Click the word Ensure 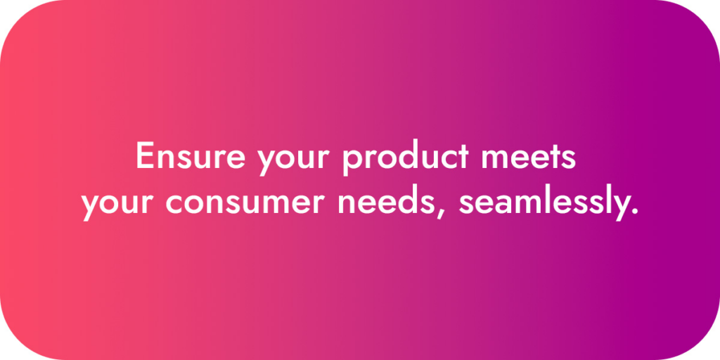pos(190,155)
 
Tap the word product pos(406,158)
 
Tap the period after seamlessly pos(634,212)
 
